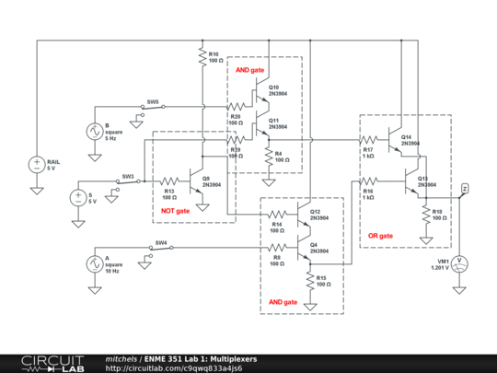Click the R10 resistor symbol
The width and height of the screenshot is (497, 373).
[x=201, y=58]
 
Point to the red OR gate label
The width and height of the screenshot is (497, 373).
[x=380, y=236]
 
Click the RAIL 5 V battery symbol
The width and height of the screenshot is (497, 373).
[x=37, y=165]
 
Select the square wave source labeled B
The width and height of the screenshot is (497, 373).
[x=93, y=132]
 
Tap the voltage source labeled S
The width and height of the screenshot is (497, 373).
[x=76, y=197]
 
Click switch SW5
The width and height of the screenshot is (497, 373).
[x=153, y=107]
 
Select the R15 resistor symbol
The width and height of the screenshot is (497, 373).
[x=308, y=281]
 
